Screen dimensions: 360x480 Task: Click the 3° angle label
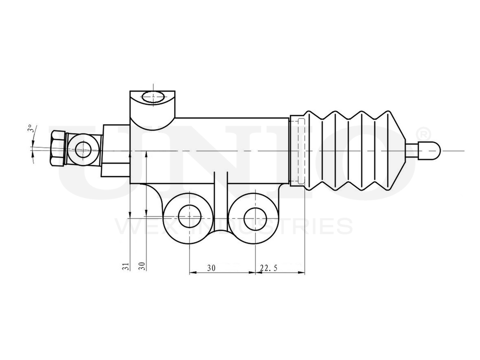click(30, 129)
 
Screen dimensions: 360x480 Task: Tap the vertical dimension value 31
click(125, 266)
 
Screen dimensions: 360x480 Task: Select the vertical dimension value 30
click(142, 266)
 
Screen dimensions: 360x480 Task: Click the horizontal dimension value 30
click(211, 268)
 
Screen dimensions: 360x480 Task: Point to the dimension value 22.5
click(268, 268)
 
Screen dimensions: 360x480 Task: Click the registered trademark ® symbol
click(424, 132)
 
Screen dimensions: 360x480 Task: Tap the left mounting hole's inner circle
click(189, 217)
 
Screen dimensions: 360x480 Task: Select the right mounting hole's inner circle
click(254, 217)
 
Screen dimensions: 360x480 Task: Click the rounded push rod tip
click(429, 150)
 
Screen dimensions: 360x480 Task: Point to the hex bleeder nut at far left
click(57, 149)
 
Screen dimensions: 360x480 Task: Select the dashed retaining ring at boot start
click(298, 150)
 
